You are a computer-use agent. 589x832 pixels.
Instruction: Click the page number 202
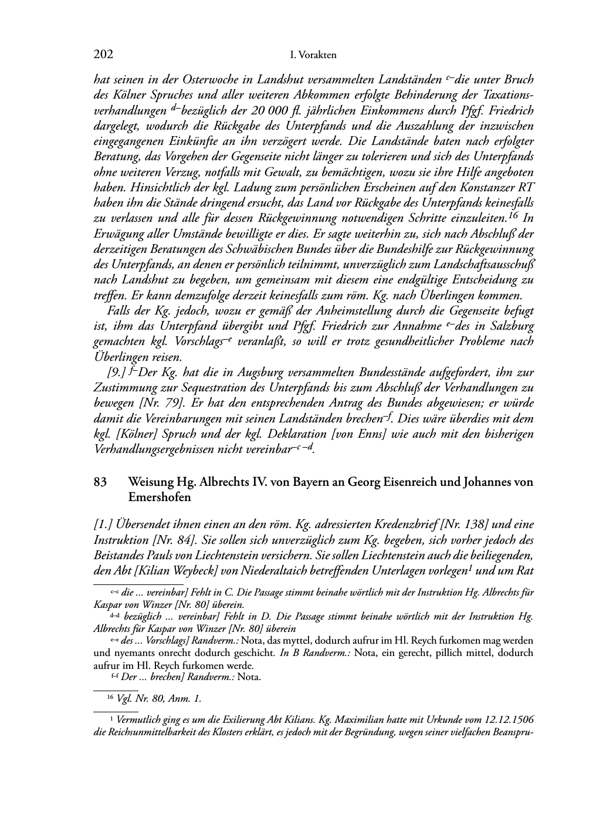coord(103,55)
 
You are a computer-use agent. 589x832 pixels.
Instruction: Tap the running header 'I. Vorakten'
coord(313,55)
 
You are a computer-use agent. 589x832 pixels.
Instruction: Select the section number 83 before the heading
coord(100,482)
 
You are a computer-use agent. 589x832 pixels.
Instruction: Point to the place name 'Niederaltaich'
coord(289,569)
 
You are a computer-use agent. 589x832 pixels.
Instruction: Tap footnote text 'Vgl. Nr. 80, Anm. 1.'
coord(158,698)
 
